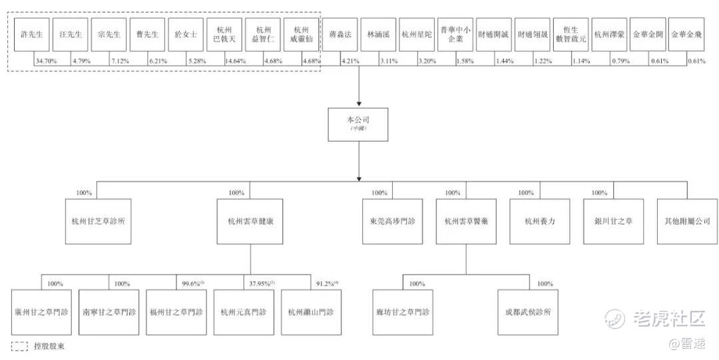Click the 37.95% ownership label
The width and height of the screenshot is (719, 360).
point(261,284)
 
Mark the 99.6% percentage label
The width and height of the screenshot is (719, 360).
point(192,284)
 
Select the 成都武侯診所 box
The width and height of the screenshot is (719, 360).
point(529,312)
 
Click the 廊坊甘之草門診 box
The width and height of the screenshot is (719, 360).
point(403,312)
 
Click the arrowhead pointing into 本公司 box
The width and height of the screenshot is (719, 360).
point(358,104)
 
